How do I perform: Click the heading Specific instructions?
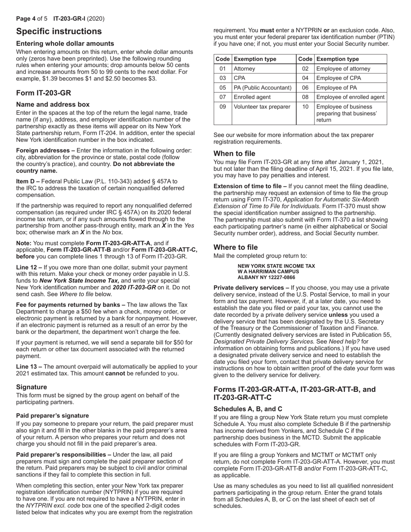(59, 32)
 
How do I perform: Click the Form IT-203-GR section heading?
(44, 93)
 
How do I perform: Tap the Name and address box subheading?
(53, 104)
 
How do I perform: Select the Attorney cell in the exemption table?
(244, 69)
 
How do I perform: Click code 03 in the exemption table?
(223, 78)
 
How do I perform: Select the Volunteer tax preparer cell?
(262, 107)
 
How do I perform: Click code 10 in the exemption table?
(305, 107)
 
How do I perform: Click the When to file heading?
(234, 154)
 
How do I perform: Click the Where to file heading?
(236, 247)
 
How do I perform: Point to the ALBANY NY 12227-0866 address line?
(267, 277)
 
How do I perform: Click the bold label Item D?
(26, 181)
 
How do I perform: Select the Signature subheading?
(32, 387)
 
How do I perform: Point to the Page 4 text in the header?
(26, 19)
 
